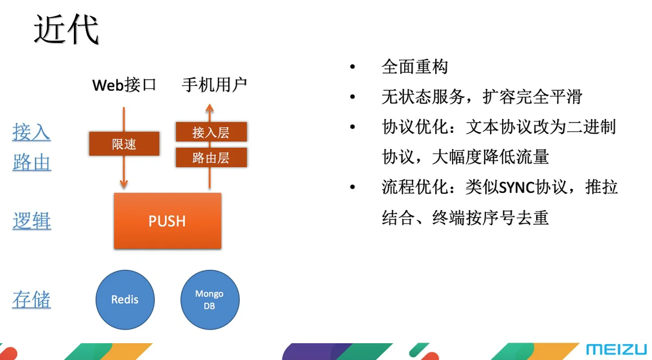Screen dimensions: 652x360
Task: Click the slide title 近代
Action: click(67, 29)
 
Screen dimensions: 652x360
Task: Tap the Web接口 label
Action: click(124, 85)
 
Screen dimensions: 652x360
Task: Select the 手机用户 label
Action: click(215, 85)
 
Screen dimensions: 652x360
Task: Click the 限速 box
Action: click(124, 144)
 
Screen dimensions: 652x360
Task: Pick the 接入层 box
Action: click(211, 132)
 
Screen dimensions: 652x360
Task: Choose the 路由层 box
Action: click(211, 157)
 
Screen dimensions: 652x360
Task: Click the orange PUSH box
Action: click(167, 220)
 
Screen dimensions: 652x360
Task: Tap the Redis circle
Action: click(125, 300)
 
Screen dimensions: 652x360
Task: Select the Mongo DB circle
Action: click(210, 300)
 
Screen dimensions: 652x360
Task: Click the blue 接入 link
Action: click(32, 132)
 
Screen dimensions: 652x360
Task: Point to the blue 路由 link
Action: click(32, 162)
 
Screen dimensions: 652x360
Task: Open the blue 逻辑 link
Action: click(32, 220)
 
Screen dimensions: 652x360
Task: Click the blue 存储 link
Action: click(32, 299)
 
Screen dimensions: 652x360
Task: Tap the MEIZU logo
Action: click(616, 349)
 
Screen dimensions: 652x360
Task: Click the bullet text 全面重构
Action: click(415, 67)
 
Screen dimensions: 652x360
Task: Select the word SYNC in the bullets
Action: click(517, 187)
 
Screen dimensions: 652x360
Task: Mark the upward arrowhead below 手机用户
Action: click(210, 108)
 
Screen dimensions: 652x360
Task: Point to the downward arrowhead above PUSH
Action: click(124, 184)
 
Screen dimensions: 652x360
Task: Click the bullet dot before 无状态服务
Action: click(353, 97)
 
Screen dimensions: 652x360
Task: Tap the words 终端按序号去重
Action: click(491, 218)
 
